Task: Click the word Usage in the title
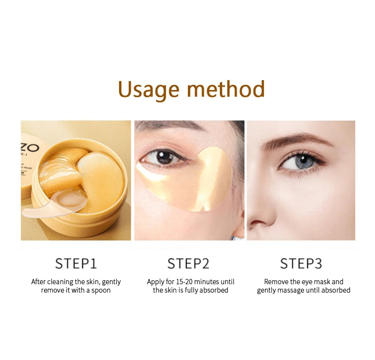149,90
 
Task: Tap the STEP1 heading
76,263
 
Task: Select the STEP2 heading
188,263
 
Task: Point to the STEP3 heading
301,263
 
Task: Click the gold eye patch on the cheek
189,180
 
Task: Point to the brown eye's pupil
164,157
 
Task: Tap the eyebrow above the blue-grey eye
297,140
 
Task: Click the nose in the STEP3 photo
261,210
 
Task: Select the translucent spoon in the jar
55,203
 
